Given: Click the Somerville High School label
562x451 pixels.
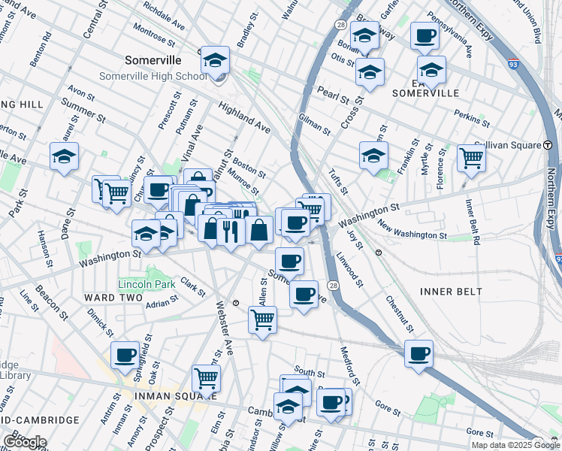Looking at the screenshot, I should [x=153, y=77].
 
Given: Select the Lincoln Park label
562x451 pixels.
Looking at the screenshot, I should [x=146, y=284].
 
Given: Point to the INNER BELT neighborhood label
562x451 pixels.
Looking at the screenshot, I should [x=451, y=291].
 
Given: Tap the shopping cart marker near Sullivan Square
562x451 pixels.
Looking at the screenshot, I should [x=471, y=157].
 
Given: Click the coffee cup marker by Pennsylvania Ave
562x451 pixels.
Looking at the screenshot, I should [x=425, y=35].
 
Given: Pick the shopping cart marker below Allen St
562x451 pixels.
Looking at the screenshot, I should [x=262, y=319].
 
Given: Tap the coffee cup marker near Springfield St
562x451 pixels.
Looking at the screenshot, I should [x=125, y=354].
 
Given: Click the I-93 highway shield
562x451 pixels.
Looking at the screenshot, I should [x=513, y=63].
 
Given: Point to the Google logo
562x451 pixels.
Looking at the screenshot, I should [x=24, y=442].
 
